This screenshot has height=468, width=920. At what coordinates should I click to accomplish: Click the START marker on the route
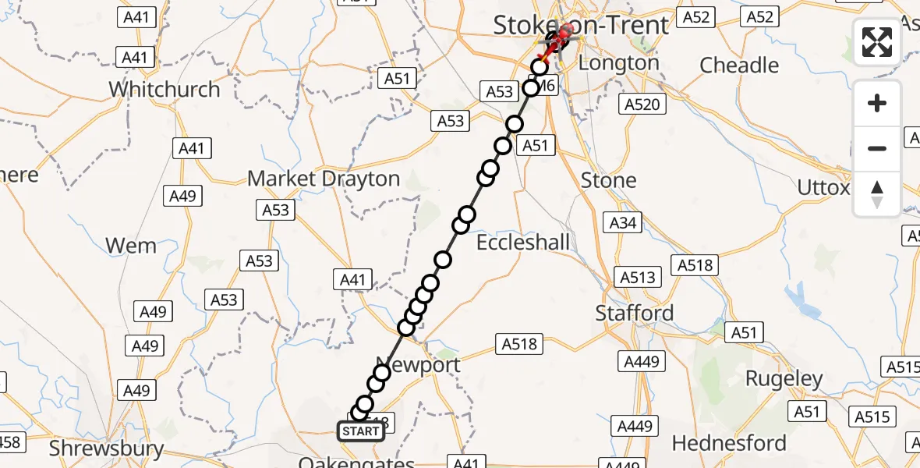[361, 431]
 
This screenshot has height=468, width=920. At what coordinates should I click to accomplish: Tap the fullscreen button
[877, 42]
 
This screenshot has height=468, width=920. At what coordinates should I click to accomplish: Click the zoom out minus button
[877, 148]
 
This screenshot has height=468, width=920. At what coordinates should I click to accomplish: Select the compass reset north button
[877, 194]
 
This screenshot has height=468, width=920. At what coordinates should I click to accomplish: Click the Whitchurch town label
[165, 89]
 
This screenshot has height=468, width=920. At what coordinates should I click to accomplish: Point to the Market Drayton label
[324, 179]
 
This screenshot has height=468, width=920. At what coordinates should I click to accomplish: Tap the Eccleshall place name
[523, 243]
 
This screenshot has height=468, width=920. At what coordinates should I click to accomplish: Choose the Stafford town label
[635, 313]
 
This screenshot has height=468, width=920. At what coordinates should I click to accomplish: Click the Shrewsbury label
[107, 448]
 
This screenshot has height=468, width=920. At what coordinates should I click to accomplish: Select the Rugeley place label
[784, 379]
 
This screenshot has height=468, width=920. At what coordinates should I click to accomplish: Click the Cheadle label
[740, 65]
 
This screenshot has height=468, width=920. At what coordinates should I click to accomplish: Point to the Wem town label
[131, 246]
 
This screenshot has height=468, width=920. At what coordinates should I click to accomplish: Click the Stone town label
[609, 180]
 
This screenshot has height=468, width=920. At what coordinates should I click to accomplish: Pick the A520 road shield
[642, 105]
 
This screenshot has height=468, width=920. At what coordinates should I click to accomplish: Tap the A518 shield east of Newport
[520, 342]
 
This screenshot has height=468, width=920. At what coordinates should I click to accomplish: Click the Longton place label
[620, 62]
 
